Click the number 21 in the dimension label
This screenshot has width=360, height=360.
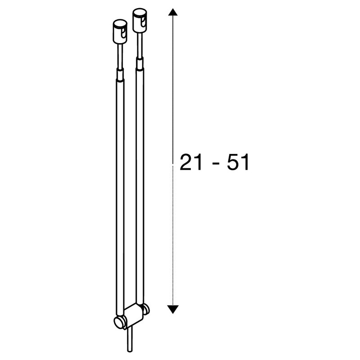pyautogui.click(x=190, y=162)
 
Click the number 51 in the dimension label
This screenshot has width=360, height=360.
pyautogui.click(x=238, y=162)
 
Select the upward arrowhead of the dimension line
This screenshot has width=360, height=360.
pyautogui.click(x=173, y=12)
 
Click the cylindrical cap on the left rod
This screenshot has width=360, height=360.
pyautogui.click(x=120, y=32)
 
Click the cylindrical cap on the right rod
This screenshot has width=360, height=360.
pyautogui.click(x=139, y=20)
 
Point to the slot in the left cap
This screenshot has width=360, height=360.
pyautogui.click(x=124, y=33)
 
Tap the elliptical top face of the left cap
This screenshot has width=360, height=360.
pyautogui.click(x=120, y=24)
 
